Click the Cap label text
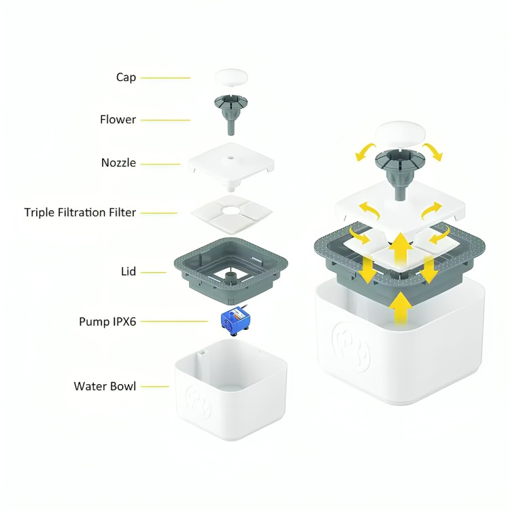coord(126,78)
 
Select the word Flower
coord(118,120)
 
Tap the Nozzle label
coord(118,163)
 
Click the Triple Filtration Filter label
coord(80,212)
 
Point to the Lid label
coord(128,271)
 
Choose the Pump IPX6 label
coord(107,322)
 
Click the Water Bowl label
coord(105,386)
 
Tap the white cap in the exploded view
coord(231,78)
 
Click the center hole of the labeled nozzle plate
coord(231,158)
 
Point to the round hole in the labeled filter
coord(231,210)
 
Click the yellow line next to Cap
coord(165,78)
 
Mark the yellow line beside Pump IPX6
coord(174,322)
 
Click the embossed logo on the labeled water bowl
coord(199,402)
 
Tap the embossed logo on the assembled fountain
coord(352,347)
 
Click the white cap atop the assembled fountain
coord(401,135)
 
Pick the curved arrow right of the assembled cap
coord(433,150)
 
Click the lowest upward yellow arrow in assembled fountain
coord(401,308)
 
